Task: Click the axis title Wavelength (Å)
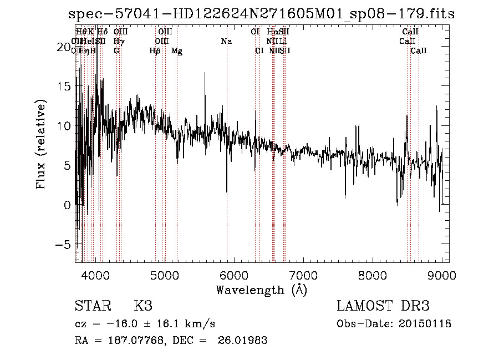pyautogui.click(x=261, y=290)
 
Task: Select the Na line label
pyautogui.click(x=226, y=42)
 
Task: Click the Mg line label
pyautogui.click(x=177, y=51)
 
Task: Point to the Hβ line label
pyautogui.click(x=155, y=51)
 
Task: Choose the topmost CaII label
pyautogui.click(x=410, y=32)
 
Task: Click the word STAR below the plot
pyautogui.click(x=92, y=306)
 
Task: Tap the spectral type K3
pyautogui.click(x=143, y=306)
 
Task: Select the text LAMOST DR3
pyautogui.click(x=383, y=306)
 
